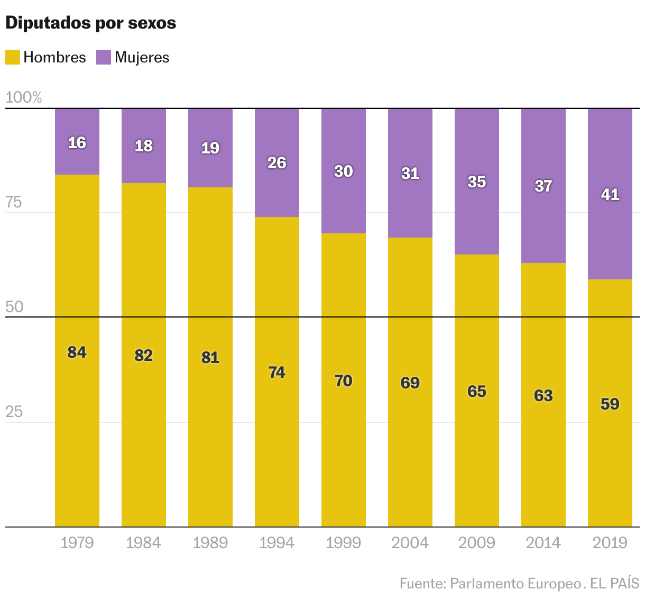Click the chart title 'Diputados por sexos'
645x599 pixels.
pyautogui.click(x=90, y=23)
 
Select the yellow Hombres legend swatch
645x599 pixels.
pyautogui.click(x=13, y=57)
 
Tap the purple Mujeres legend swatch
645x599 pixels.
pyautogui.click(x=104, y=57)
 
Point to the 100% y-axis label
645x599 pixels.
pyautogui.click(x=23, y=97)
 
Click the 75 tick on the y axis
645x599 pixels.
pyautogui.click(x=14, y=202)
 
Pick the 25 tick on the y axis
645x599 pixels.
pyautogui.click(x=14, y=412)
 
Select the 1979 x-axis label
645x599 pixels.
pyautogui.click(x=77, y=543)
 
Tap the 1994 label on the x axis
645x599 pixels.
pyautogui.click(x=277, y=543)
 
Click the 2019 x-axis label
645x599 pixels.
pyautogui.click(x=610, y=543)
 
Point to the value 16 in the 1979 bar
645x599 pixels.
pyautogui.click(x=77, y=143)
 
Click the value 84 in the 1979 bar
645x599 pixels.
pyautogui.click(x=77, y=352)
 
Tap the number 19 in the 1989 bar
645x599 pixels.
pyautogui.click(x=210, y=148)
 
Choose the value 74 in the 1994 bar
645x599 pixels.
pyautogui.click(x=277, y=373)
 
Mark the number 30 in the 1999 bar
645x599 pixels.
pyautogui.click(x=344, y=171)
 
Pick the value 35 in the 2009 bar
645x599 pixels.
pyautogui.click(x=477, y=182)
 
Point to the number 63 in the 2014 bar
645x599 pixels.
pyautogui.click(x=543, y=396)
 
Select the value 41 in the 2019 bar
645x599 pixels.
pyautogui.click(x=610, y=195)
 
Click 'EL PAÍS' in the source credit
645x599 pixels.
pyautogui.click(x=614, y=584)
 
